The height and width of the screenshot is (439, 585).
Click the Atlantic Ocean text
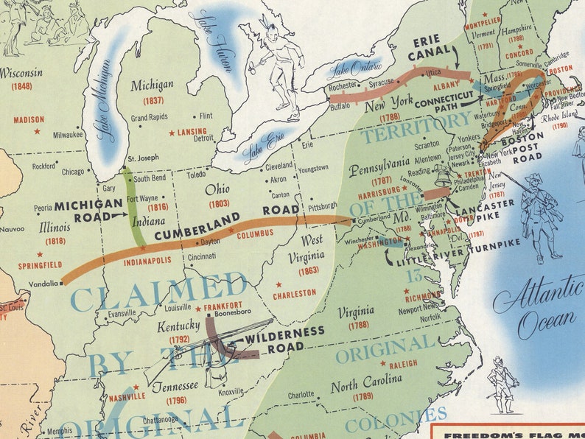point(536,309)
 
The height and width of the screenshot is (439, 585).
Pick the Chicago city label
point(73,172)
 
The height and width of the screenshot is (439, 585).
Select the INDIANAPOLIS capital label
point(147,260)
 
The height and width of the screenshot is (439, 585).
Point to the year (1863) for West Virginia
point(308,272)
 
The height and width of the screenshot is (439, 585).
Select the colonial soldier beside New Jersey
point(539,215)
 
